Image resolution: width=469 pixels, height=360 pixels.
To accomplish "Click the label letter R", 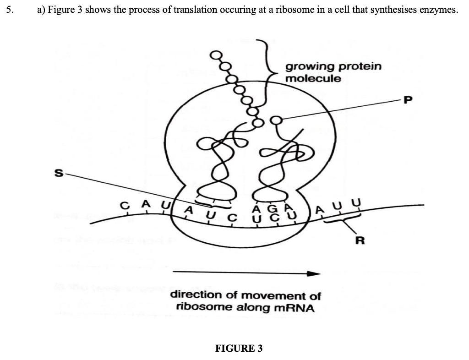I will click(360, 241).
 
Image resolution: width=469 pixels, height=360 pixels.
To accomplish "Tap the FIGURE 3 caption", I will click(239, 349).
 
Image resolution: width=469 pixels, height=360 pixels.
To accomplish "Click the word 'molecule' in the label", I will click(313, 78).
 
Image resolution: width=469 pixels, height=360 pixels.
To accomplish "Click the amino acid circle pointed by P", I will click(277, 120).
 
